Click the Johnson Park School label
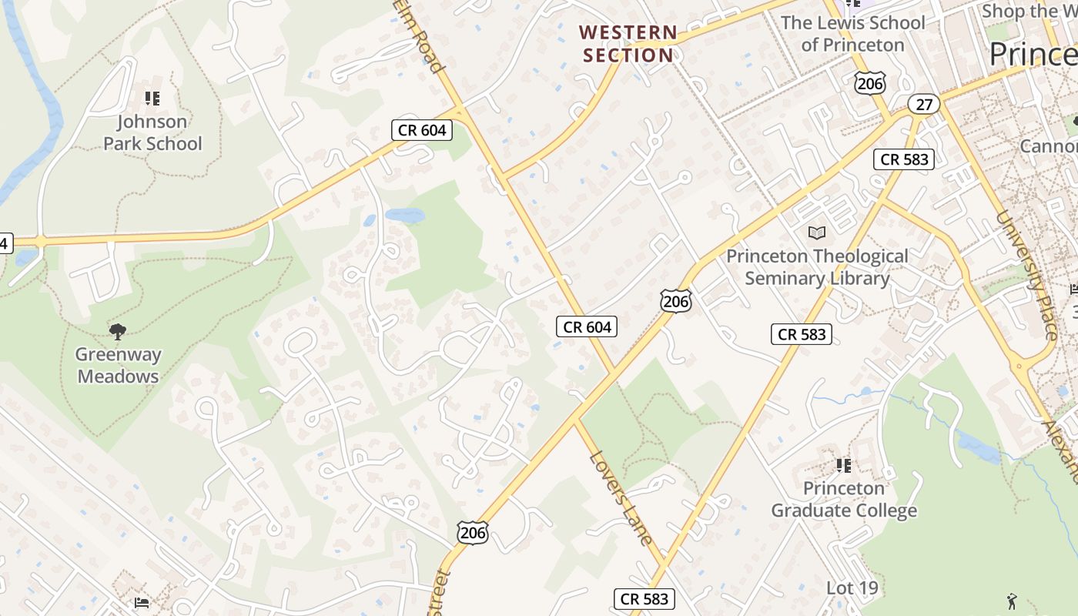pyautogui.click(x=152, y=132)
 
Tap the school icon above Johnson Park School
pyautogui.click(x=152, y=98)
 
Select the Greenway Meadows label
pyautogui.click(x=118, y=365)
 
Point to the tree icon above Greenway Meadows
pyautogui.click(x=118, y=332)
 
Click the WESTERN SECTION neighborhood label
pyautogui.click(x=628, y=44)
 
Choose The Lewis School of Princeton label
pyautogui.click(x=852, y=34)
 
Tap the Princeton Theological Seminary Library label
pyautogui.click(x=817, y=267)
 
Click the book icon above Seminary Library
pyautogui.click(x=817, y=233)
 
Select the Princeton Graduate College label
pyautogui.click(x=844, y=499)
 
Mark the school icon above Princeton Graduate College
pyautogui.click(x=844, y=465)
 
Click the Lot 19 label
pyautogui.click(x=852, y=588)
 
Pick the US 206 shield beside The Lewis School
pyautogui.click(x=870, y=83)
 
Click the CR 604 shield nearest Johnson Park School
pyautogui.click(x=423, y=130)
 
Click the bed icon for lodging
pyautogui.click(x=141, y=602)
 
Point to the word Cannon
pyautogui.click(x=1048, y=146)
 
